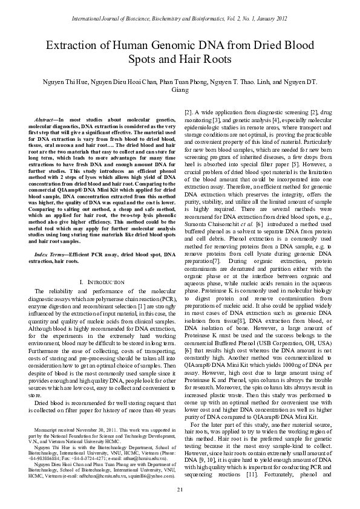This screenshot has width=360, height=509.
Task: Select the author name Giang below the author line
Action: pos(180,89)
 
